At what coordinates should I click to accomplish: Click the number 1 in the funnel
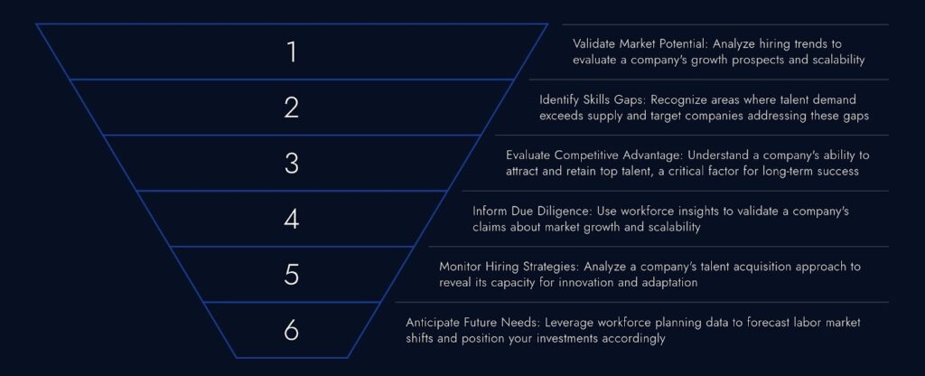coord(291,52)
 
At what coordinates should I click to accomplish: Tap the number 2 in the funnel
coord(291,108)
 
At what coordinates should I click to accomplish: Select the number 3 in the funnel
coord(291,163)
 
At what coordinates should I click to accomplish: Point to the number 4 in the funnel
coord(291,219)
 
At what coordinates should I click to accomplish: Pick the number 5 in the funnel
coord(291,274)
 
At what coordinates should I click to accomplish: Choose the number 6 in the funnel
coord(291,330)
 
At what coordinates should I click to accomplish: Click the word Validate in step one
coord(594,43)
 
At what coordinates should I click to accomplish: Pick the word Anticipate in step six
coord(434,322)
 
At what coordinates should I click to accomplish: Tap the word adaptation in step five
coord(678,283)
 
